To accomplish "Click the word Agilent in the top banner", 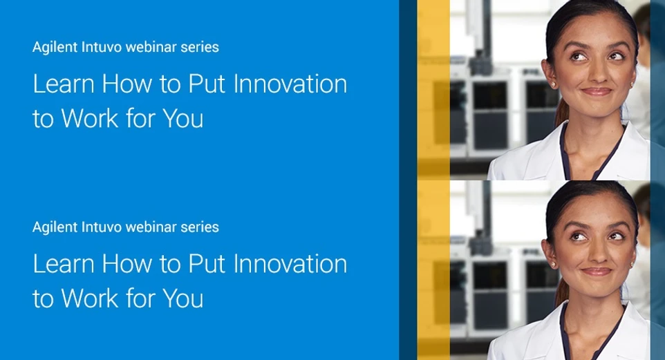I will pyautogui.click(x=53, y=48).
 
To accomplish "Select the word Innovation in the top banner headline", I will pyautogui.click(x=290, y=84).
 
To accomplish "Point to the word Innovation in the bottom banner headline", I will pyautogui.click(x=290, y=264).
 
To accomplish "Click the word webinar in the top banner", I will pyautogui.click(x=153, y=48).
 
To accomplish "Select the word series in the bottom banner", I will pyautogui.click(x=200, y=227).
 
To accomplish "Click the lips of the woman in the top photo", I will pyautogui.click(x=596, y=91).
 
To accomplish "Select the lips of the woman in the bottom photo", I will pyautogui.click(x=596, y=271).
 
